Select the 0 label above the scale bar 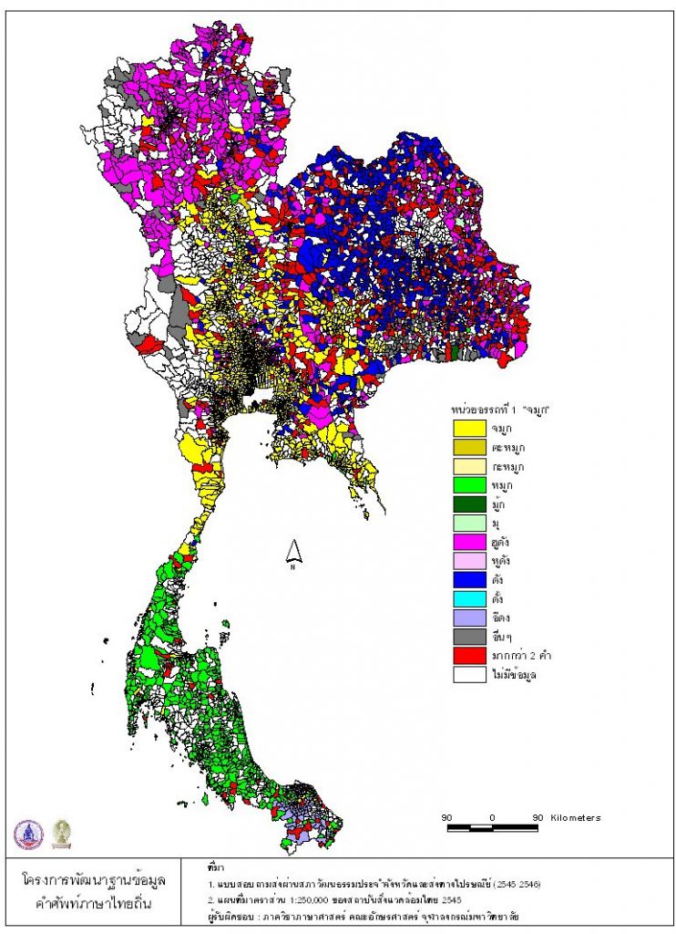pyautogui.click(x=492, y=817)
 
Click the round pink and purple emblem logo pyautogui.click(x=28, y=833)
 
